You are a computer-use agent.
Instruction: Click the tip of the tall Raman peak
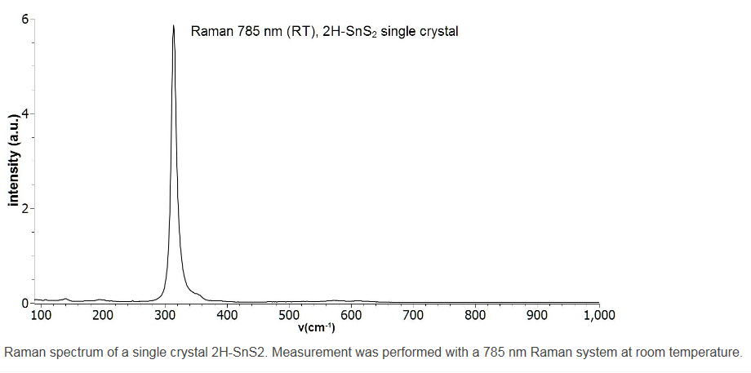click(173, 25)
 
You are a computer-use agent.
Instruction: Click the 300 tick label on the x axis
click(165, 315)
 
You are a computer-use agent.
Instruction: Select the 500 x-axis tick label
click(289, 315)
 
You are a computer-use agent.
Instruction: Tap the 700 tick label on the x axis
click(413, 315)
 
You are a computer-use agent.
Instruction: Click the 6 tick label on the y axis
click(24, 19)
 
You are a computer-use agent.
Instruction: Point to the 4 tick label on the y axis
click(24, 113)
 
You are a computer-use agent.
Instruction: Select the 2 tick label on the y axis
click(24, 208)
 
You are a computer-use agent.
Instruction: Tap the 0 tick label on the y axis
click(24, 303)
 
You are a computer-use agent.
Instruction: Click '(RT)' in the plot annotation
click(299, 33)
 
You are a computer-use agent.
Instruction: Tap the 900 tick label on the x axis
click(537, 315)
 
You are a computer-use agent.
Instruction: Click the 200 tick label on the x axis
click(103, 315)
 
